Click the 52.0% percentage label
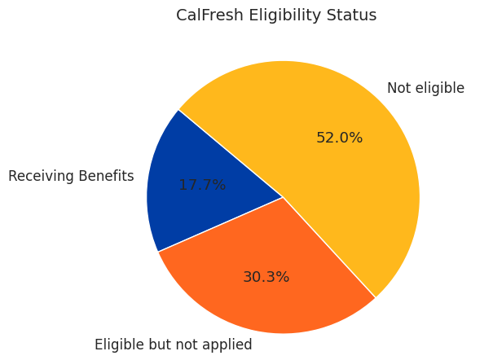point(339,138)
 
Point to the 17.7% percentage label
point(202,185)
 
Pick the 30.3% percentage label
point(266,277)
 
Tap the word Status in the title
point(353,15)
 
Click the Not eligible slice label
point(425,88)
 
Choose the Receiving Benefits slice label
point(71,176)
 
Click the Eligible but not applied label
point(173,345)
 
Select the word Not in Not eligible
point(398,88)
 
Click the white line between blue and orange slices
point(220,224)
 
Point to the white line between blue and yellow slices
point(231,153)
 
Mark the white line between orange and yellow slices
point(329,248)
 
